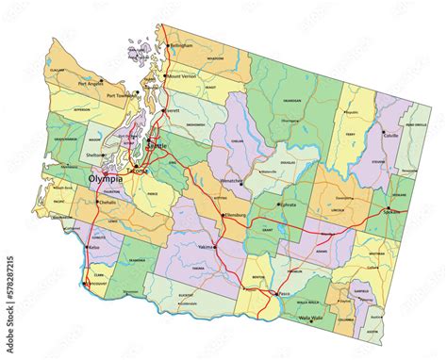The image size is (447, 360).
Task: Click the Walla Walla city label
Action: pos(313,319)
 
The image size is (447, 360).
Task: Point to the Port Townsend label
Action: pos(122,94)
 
